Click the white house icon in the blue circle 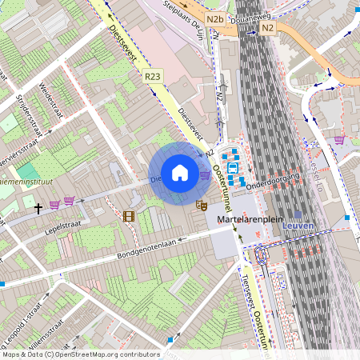[180, 172]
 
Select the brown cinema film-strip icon [129, 216]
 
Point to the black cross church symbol [38, 208]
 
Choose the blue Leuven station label [298, 226]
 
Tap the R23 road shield [153, 76]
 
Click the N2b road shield [214, 18]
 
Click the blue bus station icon [232, 168]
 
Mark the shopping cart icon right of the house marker [206, 174]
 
